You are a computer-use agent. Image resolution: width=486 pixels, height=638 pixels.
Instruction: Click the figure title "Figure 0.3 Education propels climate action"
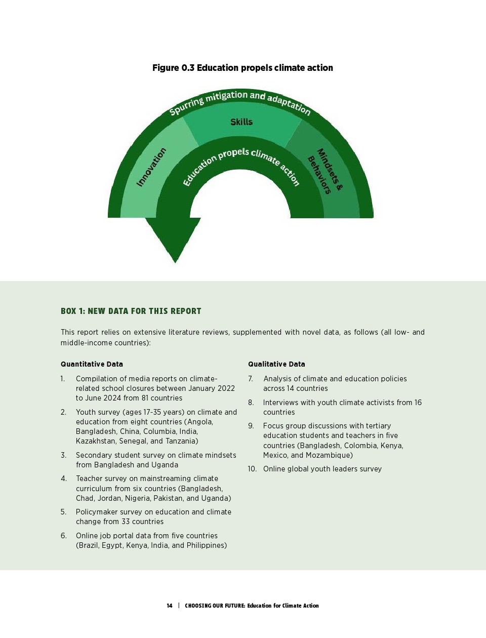click(x=242, y=68)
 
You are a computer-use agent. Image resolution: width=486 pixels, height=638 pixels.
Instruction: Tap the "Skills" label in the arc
click(x=241, y=122)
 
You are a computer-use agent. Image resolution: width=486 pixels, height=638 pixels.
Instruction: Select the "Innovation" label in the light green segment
click(x=151, y=167)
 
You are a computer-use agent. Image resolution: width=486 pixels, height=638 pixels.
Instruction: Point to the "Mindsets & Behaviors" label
click(x=325, y=171)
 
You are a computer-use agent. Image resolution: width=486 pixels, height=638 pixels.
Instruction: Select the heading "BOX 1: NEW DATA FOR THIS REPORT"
click(x=131, y=311)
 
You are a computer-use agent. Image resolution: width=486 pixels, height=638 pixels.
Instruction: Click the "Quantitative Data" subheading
click(x=92, y=364)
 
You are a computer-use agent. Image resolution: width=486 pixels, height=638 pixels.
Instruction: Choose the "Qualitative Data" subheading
click(x=276, y=364)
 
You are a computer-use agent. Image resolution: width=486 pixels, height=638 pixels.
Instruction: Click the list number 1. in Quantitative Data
click(x=63, y=379)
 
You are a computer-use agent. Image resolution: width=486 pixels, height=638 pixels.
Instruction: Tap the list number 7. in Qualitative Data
click(x=251, y=379)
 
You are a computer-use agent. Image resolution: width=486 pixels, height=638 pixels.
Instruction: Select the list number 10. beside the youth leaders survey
click(x=252, y=469)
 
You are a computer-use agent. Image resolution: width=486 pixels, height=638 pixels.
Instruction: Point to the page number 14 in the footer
click(x=170, y=606)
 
